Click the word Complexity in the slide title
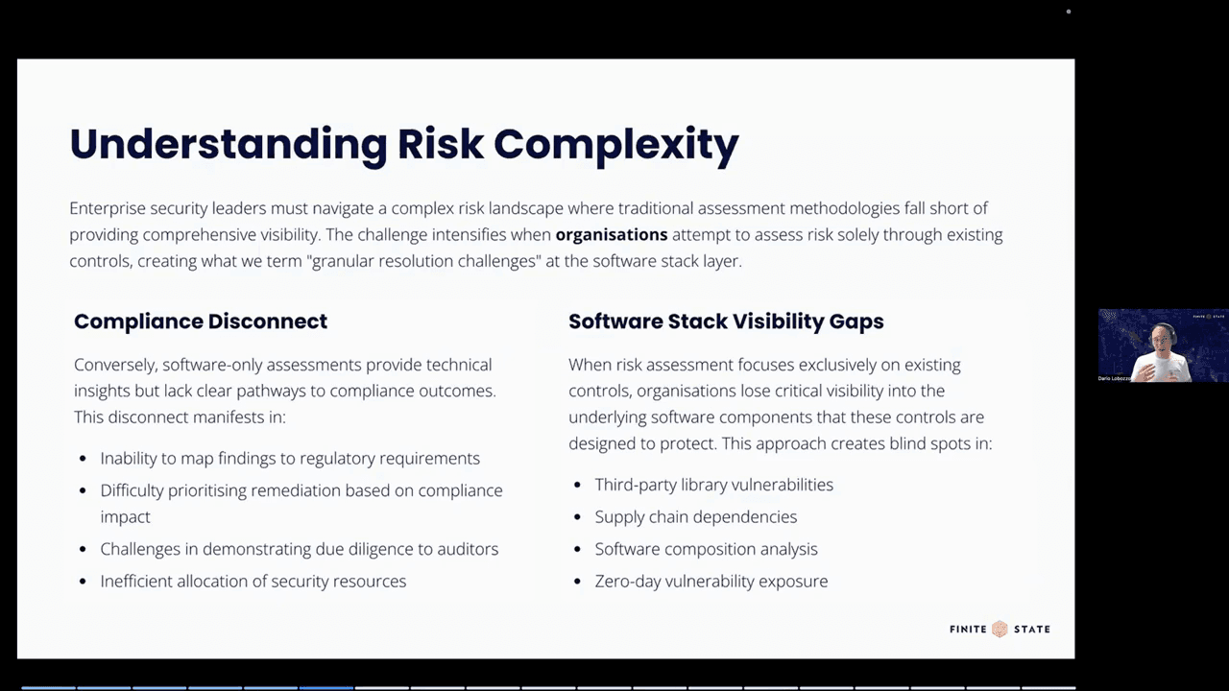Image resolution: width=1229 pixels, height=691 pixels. (615, 144)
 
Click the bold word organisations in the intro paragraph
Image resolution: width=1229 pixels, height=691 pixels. (612, 234)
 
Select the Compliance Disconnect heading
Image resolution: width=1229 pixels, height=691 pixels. (201, 322)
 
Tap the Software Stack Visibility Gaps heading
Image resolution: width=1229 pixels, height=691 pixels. (726, 322)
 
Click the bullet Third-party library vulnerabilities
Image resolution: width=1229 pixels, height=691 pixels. (713, 485)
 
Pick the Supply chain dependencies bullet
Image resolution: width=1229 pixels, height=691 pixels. (695, 516)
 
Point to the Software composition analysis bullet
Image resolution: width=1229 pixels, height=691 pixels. (706, 549)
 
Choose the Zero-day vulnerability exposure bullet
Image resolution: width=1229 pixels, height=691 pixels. (711, 581)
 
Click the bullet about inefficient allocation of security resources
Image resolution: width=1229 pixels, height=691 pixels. (253, 581)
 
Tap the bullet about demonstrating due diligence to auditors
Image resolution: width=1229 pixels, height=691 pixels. (299, 549)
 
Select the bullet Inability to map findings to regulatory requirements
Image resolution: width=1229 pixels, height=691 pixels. (290, 459)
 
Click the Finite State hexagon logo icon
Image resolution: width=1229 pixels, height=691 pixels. (1000, 629)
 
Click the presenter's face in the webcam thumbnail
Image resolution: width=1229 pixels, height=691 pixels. (1163, 337)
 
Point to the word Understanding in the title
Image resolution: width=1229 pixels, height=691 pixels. (228, 144)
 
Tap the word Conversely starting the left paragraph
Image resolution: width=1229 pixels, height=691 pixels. (115, 365)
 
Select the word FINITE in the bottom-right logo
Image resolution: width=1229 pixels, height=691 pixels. (968, 629)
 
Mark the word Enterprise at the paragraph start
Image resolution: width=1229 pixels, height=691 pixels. (106, 208)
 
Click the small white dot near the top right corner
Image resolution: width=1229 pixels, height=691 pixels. (1069, 12)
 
